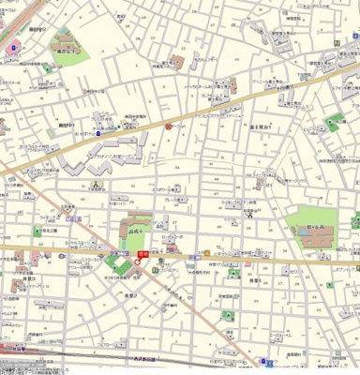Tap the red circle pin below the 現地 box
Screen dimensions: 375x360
coord(138,262)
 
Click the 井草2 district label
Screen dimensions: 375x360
coord(130,294)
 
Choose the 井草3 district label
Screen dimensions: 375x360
coord(29,278)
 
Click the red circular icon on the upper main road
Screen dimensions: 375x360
coord(169,126)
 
